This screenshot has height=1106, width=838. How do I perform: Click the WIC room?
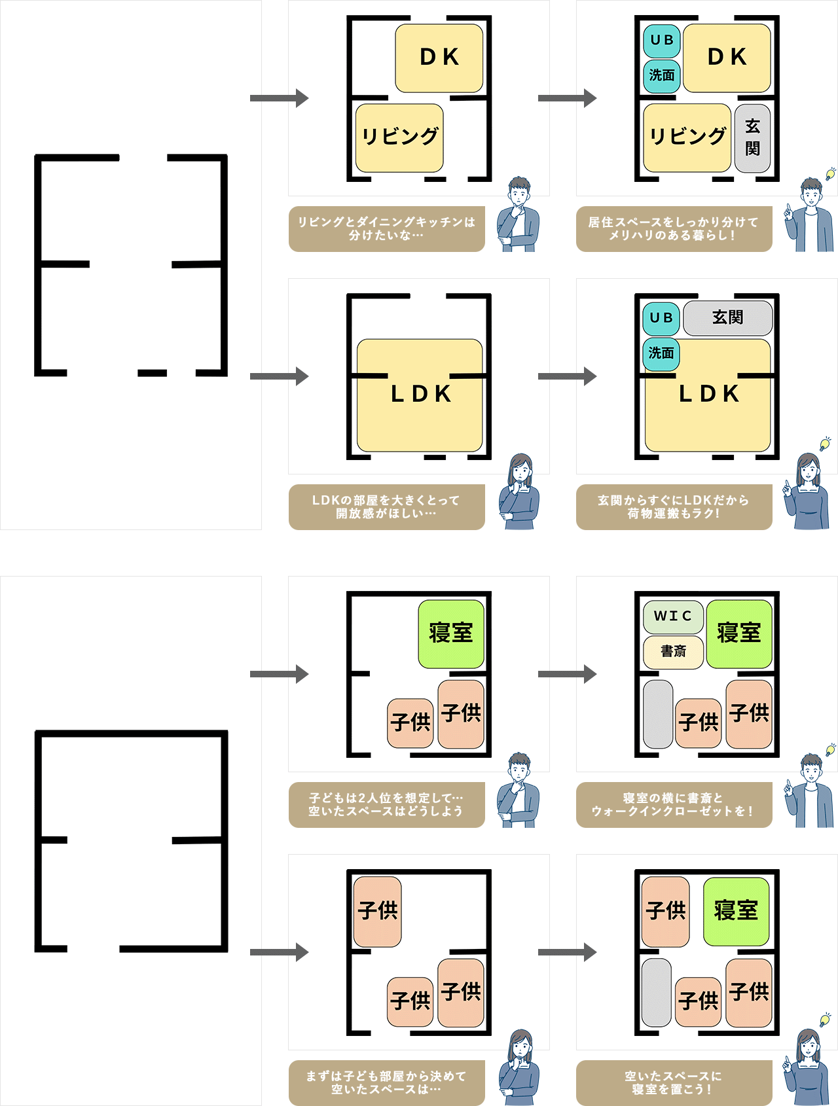coord(673,616)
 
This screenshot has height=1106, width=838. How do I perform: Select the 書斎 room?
coord(673,652)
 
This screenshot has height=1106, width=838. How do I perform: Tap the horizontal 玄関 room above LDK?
coord(727,318)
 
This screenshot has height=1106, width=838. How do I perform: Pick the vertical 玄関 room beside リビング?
coord(752,138)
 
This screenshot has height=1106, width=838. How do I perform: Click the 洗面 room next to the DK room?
coord(662,76)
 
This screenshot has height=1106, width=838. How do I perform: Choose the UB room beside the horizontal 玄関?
coord(661,318)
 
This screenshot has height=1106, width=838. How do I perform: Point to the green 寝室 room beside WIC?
coord(739,633)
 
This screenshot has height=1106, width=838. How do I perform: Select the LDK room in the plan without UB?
coord(420,395)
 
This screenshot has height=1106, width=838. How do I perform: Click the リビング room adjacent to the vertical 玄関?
coord(687,137)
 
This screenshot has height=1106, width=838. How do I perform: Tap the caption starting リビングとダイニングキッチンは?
coord(386,229)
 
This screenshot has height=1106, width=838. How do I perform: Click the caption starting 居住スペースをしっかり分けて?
coord(674,229)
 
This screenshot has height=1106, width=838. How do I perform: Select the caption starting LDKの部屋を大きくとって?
coord(386,507)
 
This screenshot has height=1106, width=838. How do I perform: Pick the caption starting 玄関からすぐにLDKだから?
coord(674,507)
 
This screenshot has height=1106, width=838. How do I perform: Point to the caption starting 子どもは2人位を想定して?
coord(386,805)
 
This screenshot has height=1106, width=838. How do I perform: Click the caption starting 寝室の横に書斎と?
coord(674,805)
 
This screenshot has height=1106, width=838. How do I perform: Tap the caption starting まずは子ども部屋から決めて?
coord(386,1083)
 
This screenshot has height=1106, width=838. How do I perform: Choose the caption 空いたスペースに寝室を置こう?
coord(674,1083)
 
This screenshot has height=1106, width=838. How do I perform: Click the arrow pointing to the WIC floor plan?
coord(567,674)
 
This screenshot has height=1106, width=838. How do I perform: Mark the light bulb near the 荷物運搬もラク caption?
coord(825,444)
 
